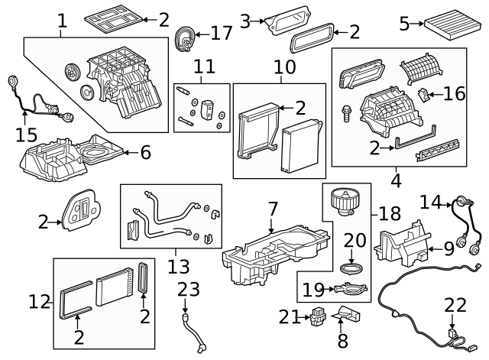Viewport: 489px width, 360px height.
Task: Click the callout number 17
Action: [x=221, y=34]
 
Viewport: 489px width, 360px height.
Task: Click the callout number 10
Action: [x=284, y=67]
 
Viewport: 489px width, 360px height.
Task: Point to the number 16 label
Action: [x=454, y=93]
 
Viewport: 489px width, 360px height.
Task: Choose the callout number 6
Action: [x=145, y=152]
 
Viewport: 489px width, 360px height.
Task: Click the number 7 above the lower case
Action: [x=273, y=208]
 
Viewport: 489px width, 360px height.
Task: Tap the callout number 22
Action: [x=455, y=305]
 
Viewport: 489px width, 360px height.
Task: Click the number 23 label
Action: [x=188, y=290]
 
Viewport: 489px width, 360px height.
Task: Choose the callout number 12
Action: [x=40, y=302]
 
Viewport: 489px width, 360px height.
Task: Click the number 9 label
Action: [x=449, y=248]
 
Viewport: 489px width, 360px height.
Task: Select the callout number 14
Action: [x=430, y=203]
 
